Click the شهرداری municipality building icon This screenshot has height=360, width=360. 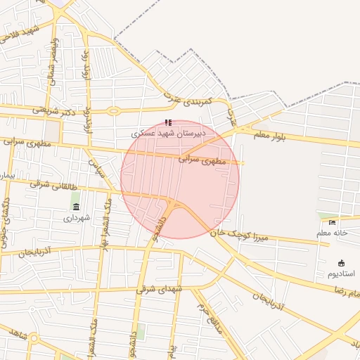[76, 206]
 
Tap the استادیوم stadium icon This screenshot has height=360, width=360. [342, 262]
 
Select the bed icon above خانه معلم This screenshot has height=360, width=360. [333, 223]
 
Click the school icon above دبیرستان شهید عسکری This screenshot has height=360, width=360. [168, 122]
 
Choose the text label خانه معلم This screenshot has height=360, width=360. [333, 233]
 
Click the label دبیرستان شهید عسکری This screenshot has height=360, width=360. [169, 132]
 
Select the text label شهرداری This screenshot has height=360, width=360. [77, 218]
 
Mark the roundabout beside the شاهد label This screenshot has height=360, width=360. [33, 338]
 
